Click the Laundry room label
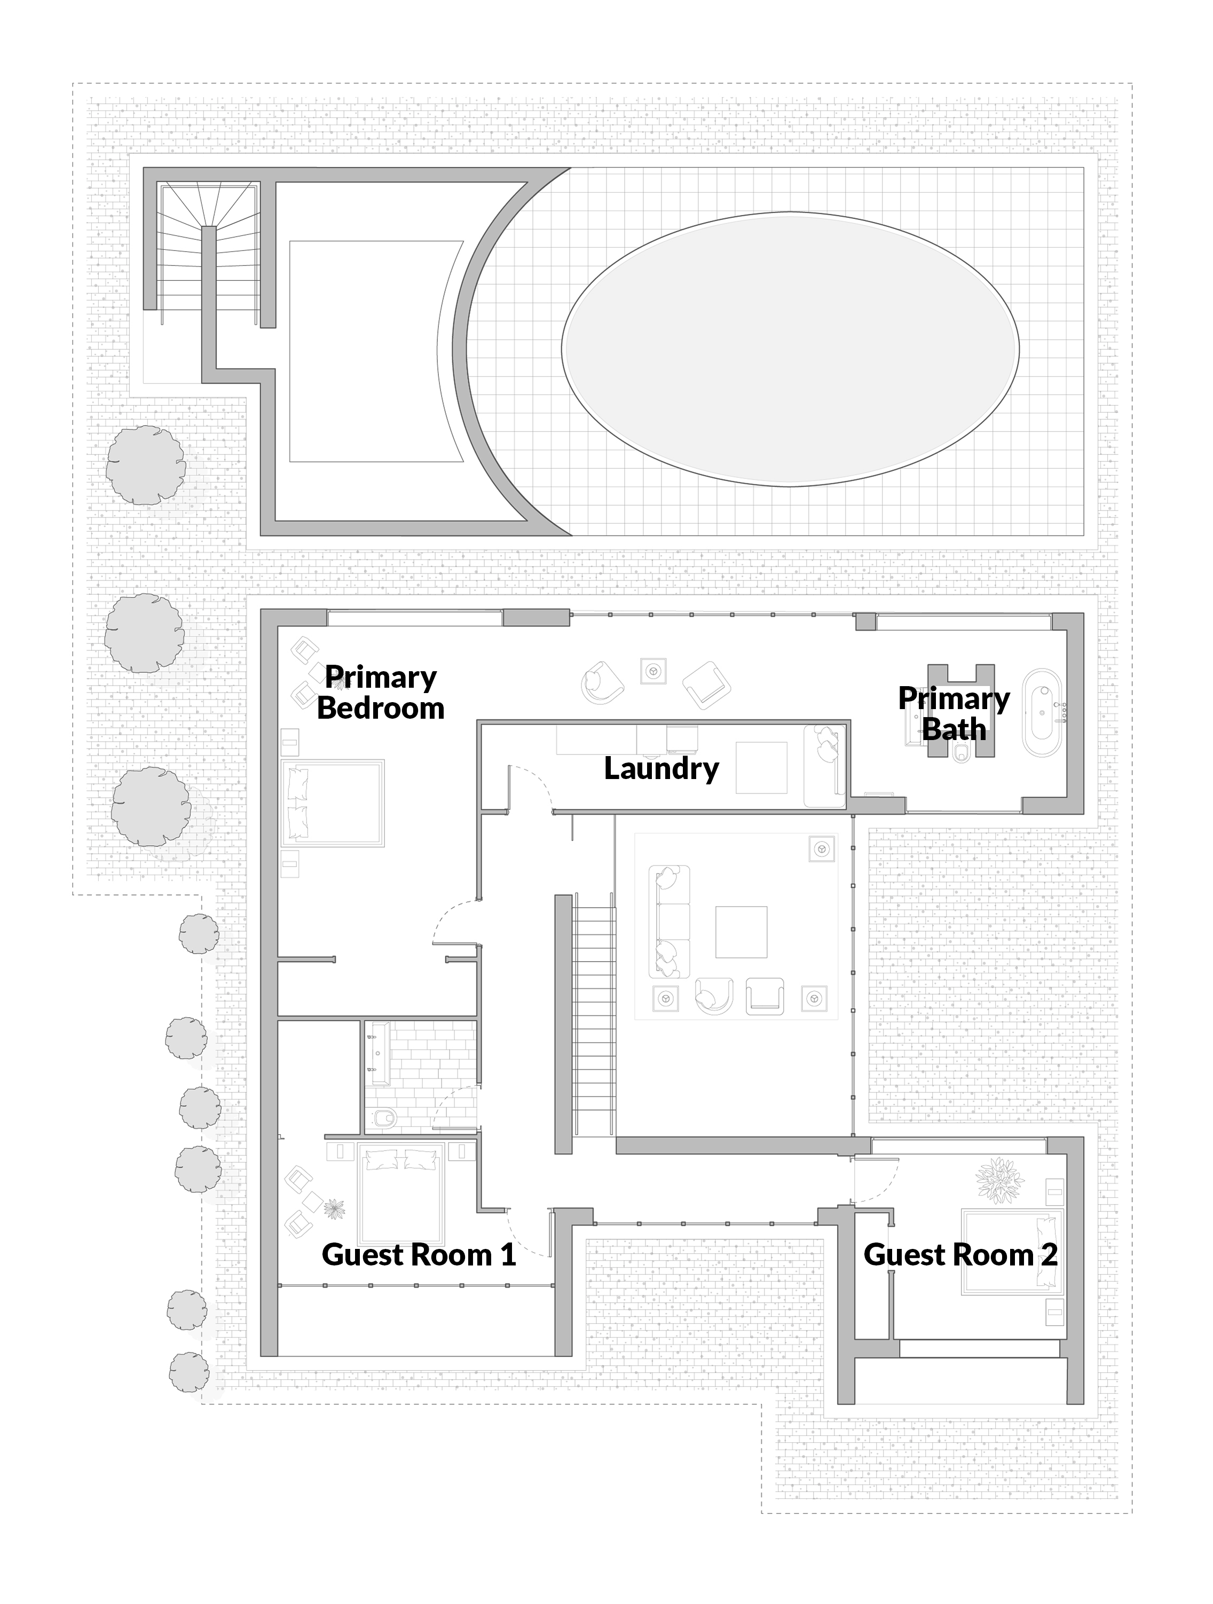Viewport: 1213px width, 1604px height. coord(661,769)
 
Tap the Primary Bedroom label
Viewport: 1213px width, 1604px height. coord(381,693)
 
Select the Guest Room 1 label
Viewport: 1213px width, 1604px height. coord(419,1254)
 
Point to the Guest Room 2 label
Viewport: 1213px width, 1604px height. coord(960,1254)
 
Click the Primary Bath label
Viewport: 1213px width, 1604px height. coord(954,713)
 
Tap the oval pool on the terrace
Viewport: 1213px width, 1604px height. coord(790,349)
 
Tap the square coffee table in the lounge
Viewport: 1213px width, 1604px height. coord(741,932)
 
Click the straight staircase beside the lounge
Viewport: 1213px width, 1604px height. coord(594,1015)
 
